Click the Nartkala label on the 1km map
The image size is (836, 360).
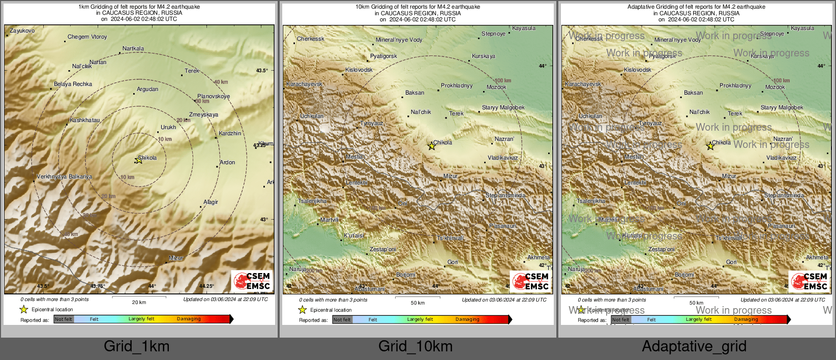[x=133, y=49]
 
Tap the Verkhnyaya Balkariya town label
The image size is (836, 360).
[x=65, y=177]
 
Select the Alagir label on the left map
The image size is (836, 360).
[x=211, y=202]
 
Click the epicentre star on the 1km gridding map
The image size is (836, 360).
[x=138, y=160]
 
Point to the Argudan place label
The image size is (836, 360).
[x=147, y=89]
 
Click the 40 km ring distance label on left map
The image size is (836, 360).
[x=221, y=82]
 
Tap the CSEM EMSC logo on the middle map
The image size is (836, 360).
[x=530, y=281]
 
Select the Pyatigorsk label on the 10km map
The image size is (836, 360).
[x=383, y=56]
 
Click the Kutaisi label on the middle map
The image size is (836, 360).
[x=354, y=236]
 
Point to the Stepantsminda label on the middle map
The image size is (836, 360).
[x=505, y=196]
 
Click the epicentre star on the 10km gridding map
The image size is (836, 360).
[x=431, y=146]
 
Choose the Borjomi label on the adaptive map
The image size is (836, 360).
[x=684, y=275]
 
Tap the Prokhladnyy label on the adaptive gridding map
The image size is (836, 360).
[x=735, y=86]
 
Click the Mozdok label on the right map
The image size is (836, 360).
[x=775, y=87]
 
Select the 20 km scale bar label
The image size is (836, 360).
[x=139, y=303]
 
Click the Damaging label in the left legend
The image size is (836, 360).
[x=189, y=319]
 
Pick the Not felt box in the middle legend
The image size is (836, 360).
[x=342, y=320]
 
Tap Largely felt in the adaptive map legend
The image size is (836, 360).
[x=699, y=320]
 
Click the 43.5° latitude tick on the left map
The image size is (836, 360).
[x=261, y=71]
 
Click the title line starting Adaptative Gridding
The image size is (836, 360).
[x=696, y=7]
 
